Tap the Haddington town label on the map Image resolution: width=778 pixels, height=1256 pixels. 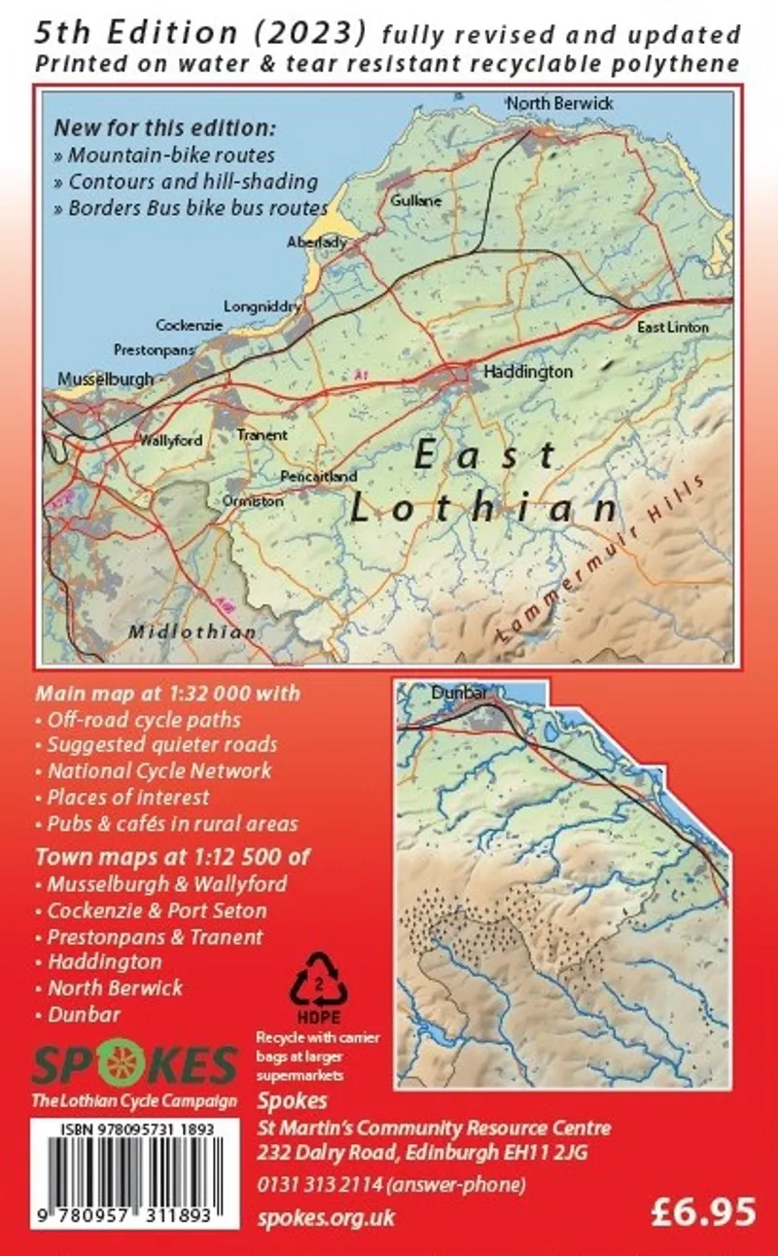pyautogui.click(x=528, y=372)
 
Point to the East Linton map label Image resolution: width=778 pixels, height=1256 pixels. pyautogui.click(x=673, y=328)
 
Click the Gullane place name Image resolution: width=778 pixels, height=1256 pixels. pyautogui.click(x=415, y=200)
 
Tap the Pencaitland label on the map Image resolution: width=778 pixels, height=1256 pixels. pyautogui.click(x=318, y=477)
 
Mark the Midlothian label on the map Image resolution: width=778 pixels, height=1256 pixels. pyautogui.click(x=194, y=631)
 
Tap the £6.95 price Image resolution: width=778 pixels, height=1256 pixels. pyautogui.click(x=705, y=1211)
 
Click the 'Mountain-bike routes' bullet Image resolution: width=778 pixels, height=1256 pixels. pyautogui.click(x=171, y=155)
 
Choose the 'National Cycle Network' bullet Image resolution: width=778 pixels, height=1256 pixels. pyautogui.click(x=159, y=771)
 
